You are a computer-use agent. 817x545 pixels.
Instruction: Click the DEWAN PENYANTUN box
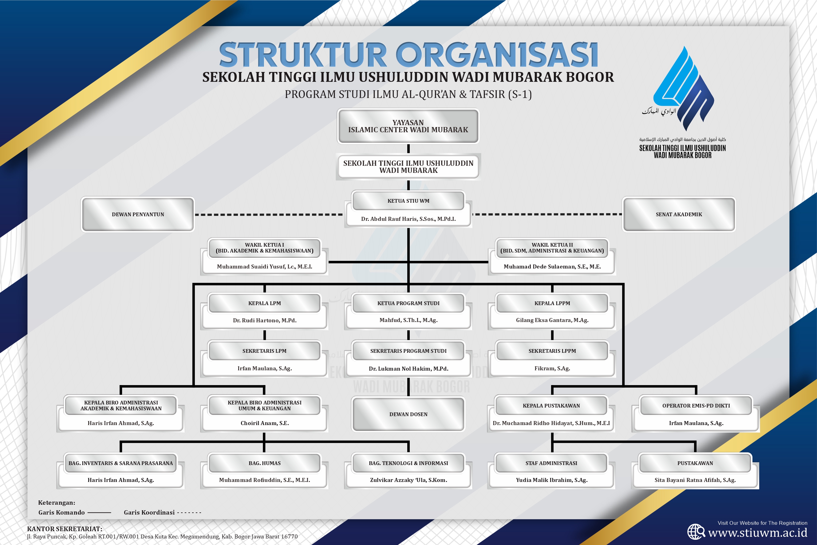click(138, 214)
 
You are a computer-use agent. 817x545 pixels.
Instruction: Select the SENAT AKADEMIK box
click(679, 214)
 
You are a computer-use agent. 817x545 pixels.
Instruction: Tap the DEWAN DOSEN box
click(408, 414)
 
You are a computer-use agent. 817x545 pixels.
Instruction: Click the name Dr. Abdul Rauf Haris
click(408, 219)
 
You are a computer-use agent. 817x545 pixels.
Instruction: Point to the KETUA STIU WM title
click(408, 201)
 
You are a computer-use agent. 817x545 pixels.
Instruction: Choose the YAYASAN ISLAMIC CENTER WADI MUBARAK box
click(408, 126)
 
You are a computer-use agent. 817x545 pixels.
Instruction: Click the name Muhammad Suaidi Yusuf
click(264, 267)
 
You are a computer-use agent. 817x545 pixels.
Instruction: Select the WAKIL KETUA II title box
click(552, 248)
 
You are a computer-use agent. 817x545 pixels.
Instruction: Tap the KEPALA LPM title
click(264, 303)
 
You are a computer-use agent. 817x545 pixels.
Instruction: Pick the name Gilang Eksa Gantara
click(552, 320)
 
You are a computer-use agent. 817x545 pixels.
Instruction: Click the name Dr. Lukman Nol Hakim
click(408, 368)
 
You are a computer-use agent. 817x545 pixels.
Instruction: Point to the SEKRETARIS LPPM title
click(552, 351)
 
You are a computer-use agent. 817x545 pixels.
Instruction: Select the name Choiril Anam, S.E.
click(264, 423)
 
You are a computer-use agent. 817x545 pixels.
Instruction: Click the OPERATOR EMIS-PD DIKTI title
click(696, 406)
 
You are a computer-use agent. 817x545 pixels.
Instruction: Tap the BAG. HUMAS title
click(264, 463)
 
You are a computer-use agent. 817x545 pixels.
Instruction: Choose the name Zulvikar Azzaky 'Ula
click(408, 480)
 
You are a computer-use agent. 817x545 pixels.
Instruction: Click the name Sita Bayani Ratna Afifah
click(695, 480)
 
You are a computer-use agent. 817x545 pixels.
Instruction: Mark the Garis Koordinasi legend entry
click(162, 512)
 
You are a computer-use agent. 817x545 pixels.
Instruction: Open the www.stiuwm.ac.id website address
click(757, 533)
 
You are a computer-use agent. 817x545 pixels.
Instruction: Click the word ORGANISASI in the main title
click(497, 55)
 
